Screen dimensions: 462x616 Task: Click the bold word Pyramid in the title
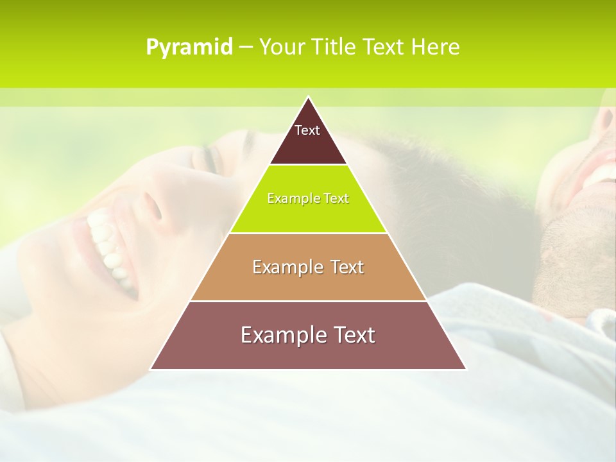click(189, 47)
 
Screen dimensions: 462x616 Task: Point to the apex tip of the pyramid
click(308, 98)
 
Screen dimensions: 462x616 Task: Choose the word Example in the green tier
click(290, 198)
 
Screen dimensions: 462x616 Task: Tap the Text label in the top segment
click(307, 130)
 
